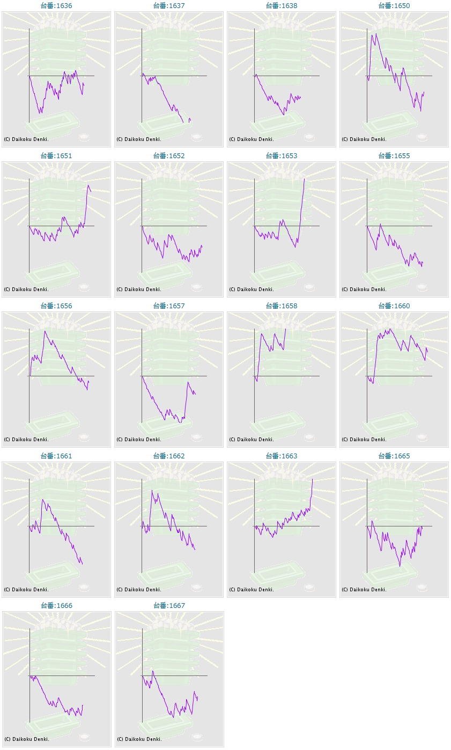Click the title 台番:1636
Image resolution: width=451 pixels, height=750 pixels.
point(56,6)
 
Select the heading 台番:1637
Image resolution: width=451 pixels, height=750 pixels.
point(169,6)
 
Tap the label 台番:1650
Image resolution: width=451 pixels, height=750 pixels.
point(394,6)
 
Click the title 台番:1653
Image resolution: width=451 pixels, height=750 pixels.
point(282,156)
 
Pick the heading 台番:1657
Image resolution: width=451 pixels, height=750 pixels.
point(169,306)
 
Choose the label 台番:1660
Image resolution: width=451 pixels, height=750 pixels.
point(394,306)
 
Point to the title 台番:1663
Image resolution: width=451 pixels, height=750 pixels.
point(282,456)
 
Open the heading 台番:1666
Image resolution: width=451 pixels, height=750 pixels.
point(56,606)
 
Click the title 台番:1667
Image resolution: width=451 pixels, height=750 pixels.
point(169,606)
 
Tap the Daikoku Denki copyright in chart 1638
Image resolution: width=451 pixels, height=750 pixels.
point(252,139)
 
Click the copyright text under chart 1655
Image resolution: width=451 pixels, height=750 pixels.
point(364,289)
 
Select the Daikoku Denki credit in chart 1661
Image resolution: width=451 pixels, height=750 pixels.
point(26,590)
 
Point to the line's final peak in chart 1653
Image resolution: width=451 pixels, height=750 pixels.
point(304,179)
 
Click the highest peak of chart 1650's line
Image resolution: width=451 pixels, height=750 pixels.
point(376,34)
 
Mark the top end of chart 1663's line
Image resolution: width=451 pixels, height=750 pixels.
point(312,479)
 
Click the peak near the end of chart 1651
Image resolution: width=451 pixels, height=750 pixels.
point(88,185)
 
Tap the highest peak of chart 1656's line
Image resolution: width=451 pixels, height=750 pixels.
point(45,331)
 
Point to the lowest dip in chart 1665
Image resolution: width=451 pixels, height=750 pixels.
point(400,566)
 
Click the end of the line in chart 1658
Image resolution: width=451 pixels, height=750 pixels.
point(286,329)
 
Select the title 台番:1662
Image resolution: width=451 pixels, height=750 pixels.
point(169,456)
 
